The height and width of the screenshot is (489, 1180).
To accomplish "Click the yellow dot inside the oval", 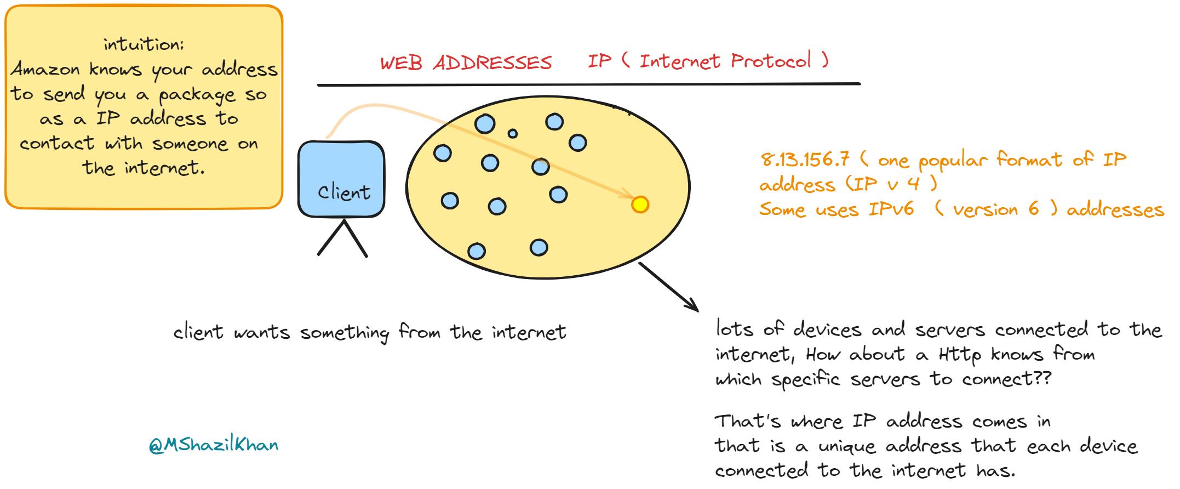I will pos(640,204).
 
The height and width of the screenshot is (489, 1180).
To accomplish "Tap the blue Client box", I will pos(341,178).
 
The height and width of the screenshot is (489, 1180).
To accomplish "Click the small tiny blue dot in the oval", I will pos(513,133).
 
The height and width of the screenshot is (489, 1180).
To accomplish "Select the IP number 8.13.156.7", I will pos(805,160).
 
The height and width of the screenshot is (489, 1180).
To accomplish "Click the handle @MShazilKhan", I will pos(214,444).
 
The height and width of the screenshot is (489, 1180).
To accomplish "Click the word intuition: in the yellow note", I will pos(144,44).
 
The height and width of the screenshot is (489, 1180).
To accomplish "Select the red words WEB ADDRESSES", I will pos(466,62).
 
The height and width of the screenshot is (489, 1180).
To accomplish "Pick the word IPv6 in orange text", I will pos(891,209).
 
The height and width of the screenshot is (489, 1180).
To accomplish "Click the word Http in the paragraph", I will pos(959,355).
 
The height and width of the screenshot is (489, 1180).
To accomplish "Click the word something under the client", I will pos(345,333).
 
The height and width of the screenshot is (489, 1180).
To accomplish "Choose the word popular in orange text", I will pos(953,161).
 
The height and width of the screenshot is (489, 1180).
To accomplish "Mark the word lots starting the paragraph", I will pos(735,329).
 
